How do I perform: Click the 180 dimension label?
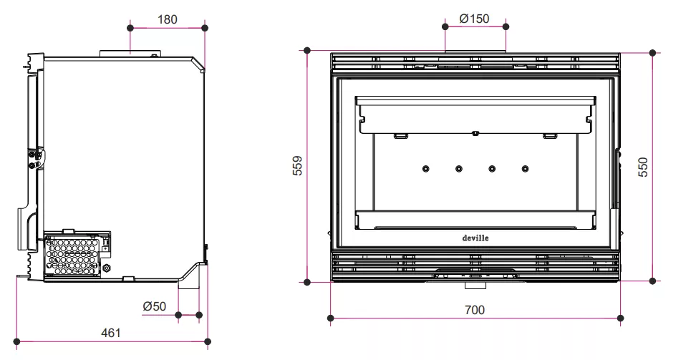click(168, 19)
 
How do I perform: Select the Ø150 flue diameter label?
click(474, 19)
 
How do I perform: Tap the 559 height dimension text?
click(298, 165)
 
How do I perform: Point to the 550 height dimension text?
click(644, 167)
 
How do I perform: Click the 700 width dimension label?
click(475, 310)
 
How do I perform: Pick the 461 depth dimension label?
click(110, 333)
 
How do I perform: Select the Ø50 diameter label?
click(154, 306)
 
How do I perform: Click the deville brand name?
click(475, 238)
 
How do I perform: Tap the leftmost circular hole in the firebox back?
click(426, 169)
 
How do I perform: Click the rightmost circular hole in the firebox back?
click(525, 169)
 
